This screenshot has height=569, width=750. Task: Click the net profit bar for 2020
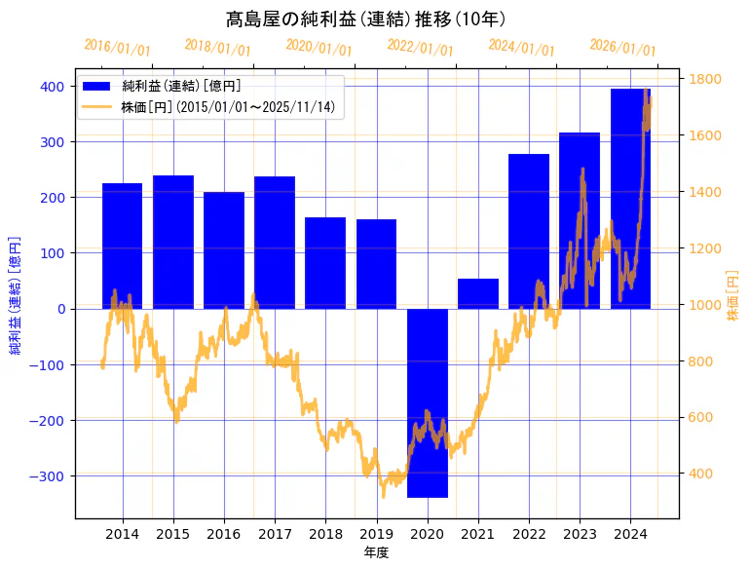[x=427, y=402]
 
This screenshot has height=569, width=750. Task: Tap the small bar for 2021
[x=477, y=293]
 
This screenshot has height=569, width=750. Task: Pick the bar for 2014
[x=123, y=246]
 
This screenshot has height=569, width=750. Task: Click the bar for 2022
[x=529, y=231]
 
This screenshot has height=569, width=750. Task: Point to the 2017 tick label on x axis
[x=275, y=534]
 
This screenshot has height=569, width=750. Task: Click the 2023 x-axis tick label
[x=580, y=534]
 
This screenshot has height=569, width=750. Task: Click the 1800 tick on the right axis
[x=705, y=79]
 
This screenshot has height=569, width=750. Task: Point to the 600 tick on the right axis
[x=701, y=418]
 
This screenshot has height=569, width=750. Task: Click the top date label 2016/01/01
[x=117, y=48]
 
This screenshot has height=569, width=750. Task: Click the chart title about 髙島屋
[x=365, y=19]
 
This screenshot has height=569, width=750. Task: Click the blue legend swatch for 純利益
[x=96, y=87]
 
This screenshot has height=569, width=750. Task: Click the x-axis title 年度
[x=376, y=552]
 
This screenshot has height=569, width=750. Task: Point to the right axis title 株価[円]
[x=733, y=296]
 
